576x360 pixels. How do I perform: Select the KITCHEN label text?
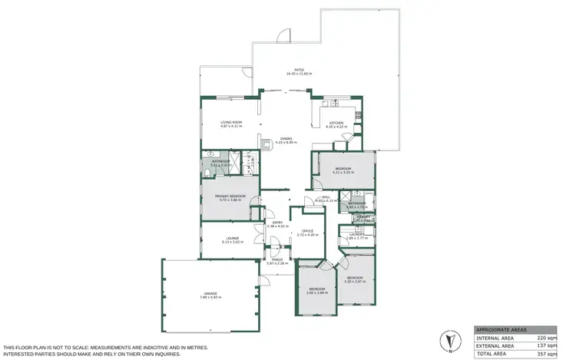point(336,124)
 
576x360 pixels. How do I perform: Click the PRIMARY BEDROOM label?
point(230,197)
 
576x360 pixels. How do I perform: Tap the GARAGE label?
point(210,294)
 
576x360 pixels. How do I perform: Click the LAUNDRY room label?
point(355,236)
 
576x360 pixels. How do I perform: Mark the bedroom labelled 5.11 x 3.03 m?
point(343,169)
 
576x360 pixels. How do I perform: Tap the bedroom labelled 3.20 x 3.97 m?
point(354,279)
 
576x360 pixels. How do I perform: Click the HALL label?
point(326,198)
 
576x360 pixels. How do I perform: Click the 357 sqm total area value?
point(545,354)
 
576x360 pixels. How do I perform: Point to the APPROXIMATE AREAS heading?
point(501,327)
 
